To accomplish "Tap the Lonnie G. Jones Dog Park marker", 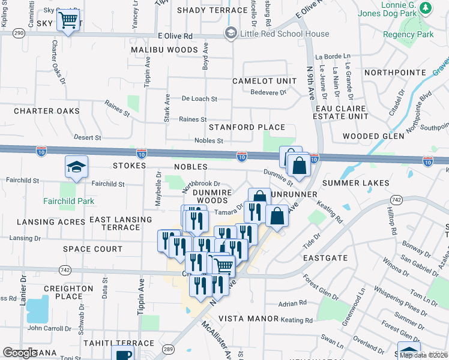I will pyautogui.click(x=426, y=8).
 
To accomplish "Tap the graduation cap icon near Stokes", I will pyautogui.click(x=77, y=167).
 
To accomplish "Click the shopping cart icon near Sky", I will pyautogui.click(x=68, y=21).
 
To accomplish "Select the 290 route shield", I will pyautogui.click(x=19, y=34).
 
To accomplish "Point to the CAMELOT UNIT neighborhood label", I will pyautogui.click(x=266, y=81).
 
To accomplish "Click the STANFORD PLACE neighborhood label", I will pyautogui.click(x=247, y=128).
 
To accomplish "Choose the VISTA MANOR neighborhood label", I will pyautogui.click(x=249, y=319).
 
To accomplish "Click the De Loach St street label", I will pyautogui.click(x=199, y=98).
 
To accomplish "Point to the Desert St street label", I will pyautogui.click(x=87, y=137).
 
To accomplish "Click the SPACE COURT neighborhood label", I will pyautogui.click(x=92, y=248).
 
